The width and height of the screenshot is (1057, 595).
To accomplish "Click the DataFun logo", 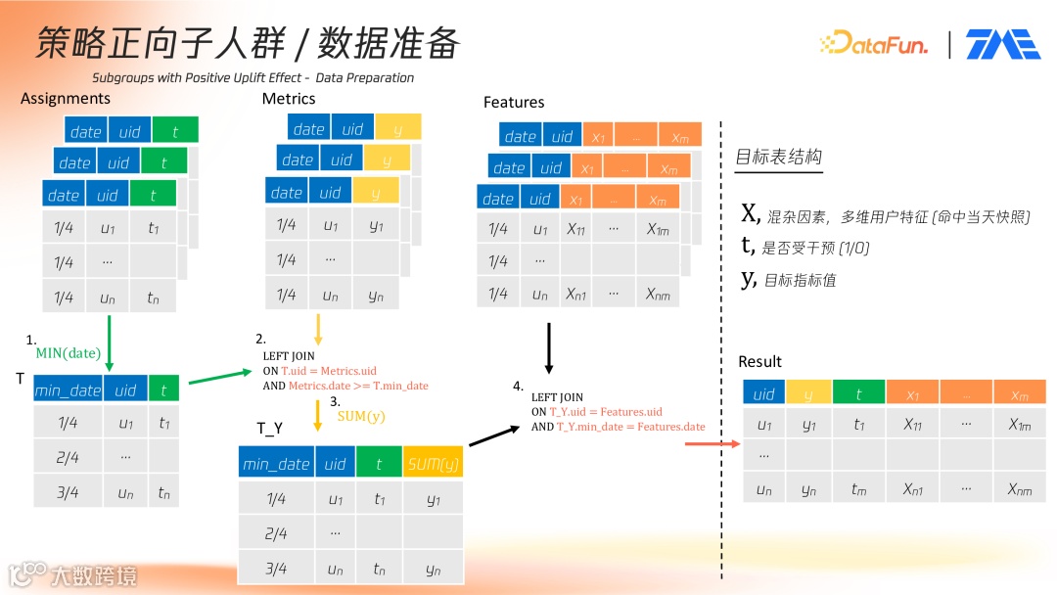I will point(873,43).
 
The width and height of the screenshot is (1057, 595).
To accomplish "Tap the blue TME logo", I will point(1002,44).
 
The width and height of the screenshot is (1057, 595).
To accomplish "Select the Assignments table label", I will point(66,98).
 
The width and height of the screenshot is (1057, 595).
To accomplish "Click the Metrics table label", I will point(289,98).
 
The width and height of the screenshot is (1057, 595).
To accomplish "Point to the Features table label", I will point(514,102).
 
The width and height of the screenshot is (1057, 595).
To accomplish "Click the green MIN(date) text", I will point(69,352).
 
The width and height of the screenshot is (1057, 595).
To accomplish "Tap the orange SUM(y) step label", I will point(360,416).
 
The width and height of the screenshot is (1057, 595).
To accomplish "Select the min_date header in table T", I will point(68,390).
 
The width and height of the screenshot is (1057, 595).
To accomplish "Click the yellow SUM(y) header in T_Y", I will point(432,464).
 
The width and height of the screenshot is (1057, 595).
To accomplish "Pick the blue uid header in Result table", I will point(763,394).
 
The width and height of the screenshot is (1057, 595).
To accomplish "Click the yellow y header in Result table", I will point(809,394).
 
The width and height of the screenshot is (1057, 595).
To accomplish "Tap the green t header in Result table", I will point(858,394).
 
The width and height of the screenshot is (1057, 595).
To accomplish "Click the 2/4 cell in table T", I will point(68,457).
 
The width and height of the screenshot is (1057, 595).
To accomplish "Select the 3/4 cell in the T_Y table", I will point(276,568).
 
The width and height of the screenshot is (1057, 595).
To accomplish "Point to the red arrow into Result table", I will point(712,444).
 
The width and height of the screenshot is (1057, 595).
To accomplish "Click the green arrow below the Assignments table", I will point(108,338).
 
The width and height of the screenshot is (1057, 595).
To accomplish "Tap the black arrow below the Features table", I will point(549,349).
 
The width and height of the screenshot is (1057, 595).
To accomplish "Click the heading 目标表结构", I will point(778,157).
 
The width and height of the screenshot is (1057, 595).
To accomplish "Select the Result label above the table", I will point(759,362).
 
